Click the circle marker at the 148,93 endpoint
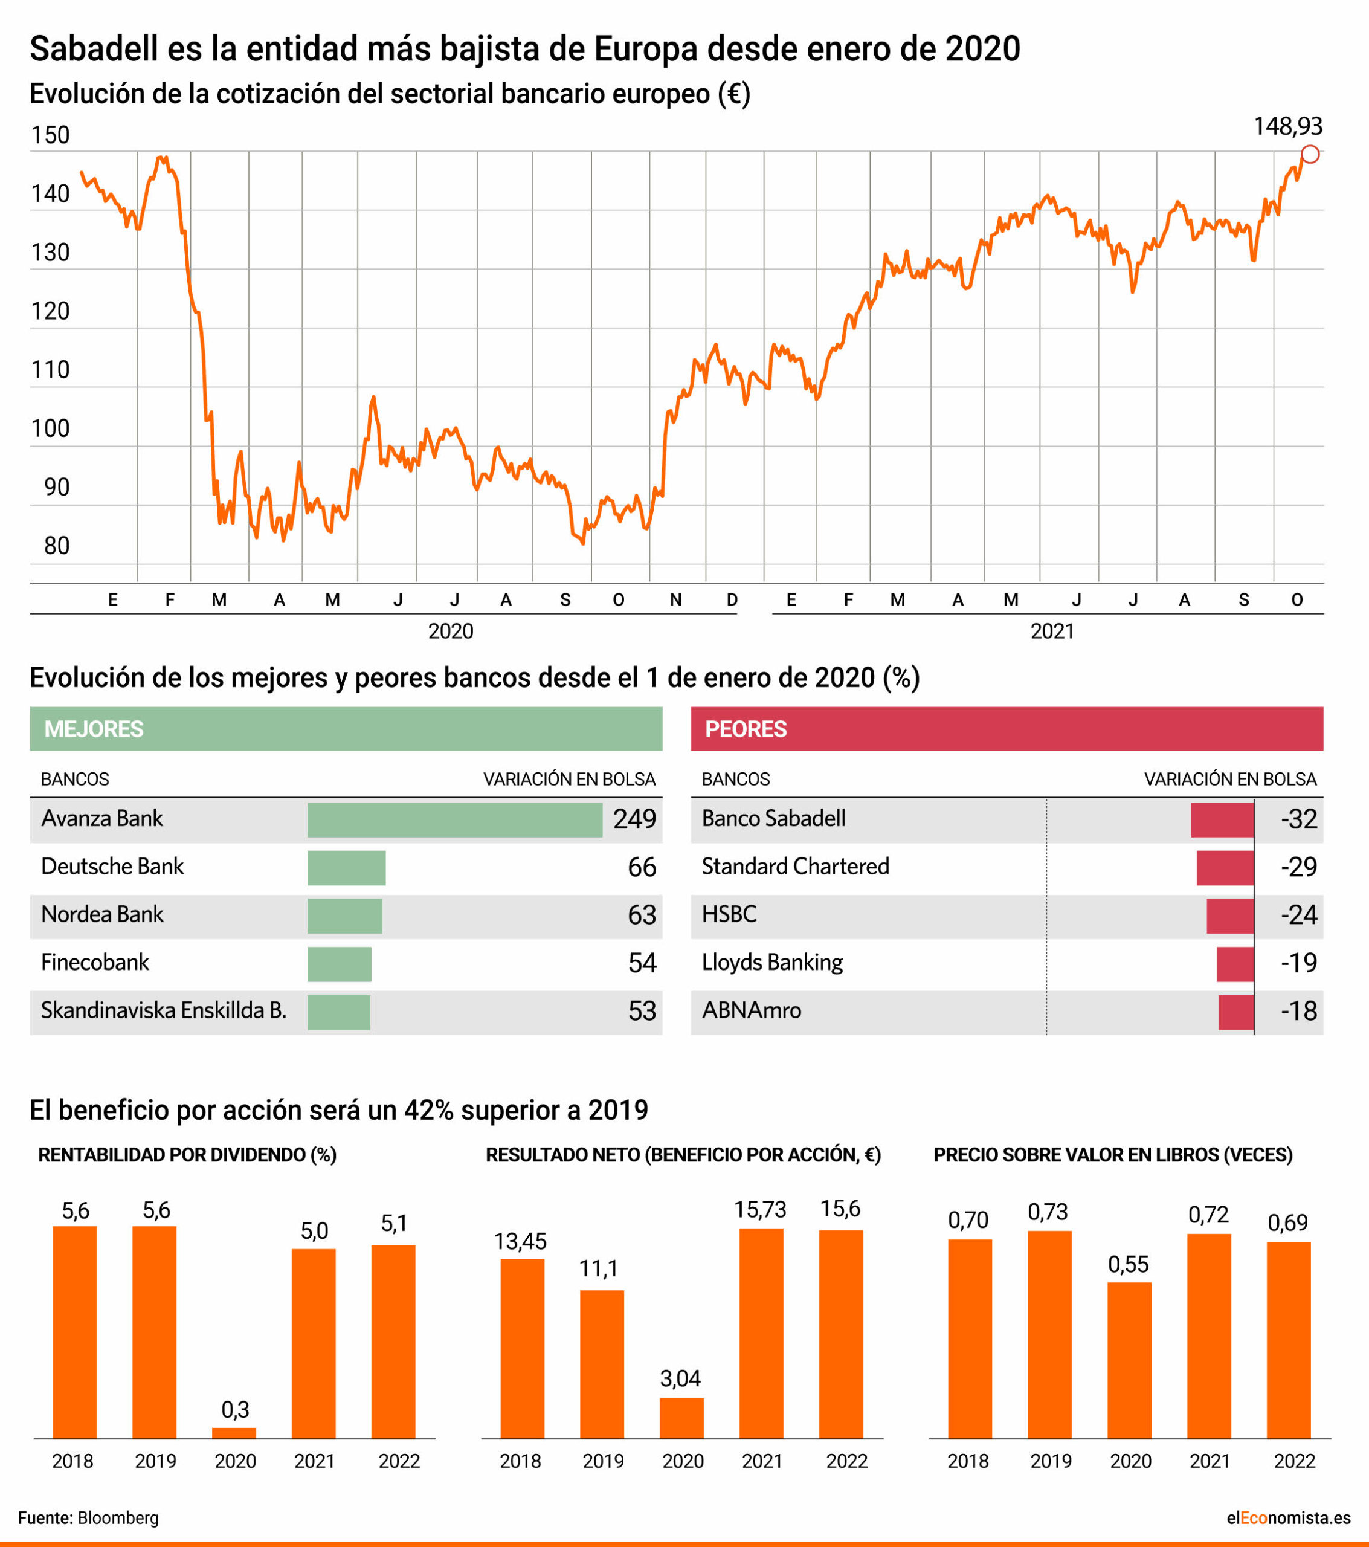point(1310,154)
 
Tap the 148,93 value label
point(1287,126)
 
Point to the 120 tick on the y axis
point(50,311)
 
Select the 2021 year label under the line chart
point(1052,631)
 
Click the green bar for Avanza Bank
point(455,819)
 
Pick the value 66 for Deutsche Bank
point(642,867)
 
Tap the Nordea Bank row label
point(102,914)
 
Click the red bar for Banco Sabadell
point(1222,819)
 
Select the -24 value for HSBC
point(1299,915)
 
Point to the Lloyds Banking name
point(772,962)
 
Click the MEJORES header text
point(94,729)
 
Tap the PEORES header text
point(746,729)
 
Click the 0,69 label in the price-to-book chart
point(1287,1222)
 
